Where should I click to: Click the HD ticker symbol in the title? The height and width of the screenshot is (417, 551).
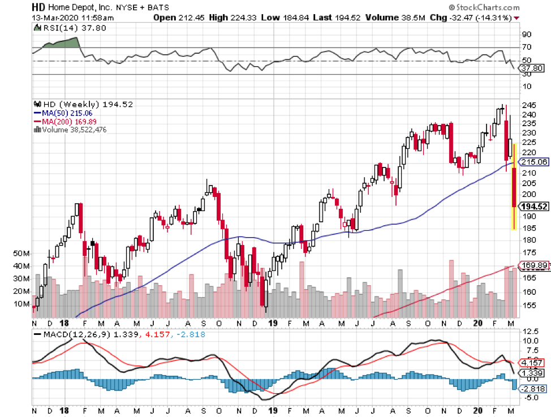(x=38, y=8)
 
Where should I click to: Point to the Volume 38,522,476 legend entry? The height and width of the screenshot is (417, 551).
(x=71, y=130)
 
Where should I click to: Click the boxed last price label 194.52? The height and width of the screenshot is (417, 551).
(x=534, y=207)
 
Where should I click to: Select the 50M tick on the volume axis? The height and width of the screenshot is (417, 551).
(x=21, y=253)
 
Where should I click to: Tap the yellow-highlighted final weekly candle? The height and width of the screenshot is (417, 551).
(x=514, y=187)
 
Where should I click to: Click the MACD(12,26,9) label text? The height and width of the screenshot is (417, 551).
(x=68, y=334)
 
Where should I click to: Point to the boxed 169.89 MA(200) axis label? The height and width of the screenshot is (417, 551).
(x=534, y=265)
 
